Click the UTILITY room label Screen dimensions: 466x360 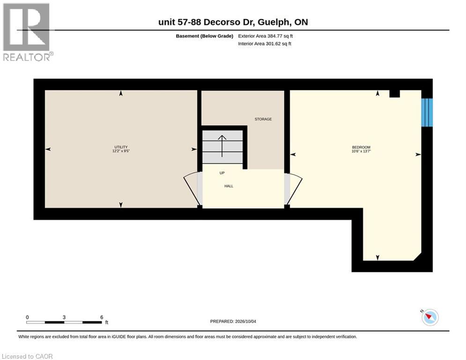[x=121, y=147]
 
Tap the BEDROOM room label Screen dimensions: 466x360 [x=361, y=147]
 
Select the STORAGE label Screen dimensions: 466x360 [x=263, y=119]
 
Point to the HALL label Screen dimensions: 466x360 [x=229, y=186]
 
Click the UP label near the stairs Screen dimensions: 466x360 [x=222, y=173]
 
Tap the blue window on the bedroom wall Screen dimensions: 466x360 [x=427, y=112]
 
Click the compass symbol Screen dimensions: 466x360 [x=430, y=317]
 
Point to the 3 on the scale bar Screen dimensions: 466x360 [x=64, y=317]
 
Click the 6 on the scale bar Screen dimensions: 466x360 [x=102, y=317]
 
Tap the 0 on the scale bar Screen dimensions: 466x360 [x=27, y=317]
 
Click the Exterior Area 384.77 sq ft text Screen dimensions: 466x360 [x=266, y=36]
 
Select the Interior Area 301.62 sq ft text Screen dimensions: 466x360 [x=265, y=44]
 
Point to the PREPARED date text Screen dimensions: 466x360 [x=233, y=321]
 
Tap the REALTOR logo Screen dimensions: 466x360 [x=27, y=32]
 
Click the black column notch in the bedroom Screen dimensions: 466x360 [x=395, y=93]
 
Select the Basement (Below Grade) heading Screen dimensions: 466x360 [x=205, y=36]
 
